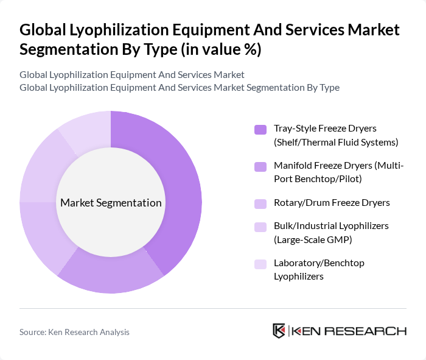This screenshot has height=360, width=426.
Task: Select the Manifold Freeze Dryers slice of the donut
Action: pyautogui.click(x=113, y=277)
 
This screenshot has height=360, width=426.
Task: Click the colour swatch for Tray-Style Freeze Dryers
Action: pyautogui.click(x=260, y=129)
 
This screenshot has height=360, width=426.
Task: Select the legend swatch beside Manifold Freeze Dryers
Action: pyautogui.click(x=260, y=166)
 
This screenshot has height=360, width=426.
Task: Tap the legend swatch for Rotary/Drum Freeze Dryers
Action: pyautogui.click(x=260, y=203)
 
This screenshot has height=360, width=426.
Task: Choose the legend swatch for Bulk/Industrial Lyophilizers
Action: pyautogui.click(x=260, y=227)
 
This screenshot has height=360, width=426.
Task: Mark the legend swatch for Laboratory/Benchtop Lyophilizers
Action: pyautogui.click(x=260, y=264)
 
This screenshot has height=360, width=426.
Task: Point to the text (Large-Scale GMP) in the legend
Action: pyautogui.click(x=313, y=239)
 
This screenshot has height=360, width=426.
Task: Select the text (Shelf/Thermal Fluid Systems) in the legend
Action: pyautogui.click(x=335, y=143)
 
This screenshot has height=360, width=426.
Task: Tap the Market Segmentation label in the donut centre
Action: pyautogui.click(x=111, y=203)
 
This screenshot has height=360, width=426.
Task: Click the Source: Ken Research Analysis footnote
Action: pyautogui.click(x=74, y=332)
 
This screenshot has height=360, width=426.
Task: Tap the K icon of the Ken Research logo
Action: pyautogui.click(x=279, y=331)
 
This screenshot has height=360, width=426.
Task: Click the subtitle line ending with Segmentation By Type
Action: pyautogui.click(x=179, y=88)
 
